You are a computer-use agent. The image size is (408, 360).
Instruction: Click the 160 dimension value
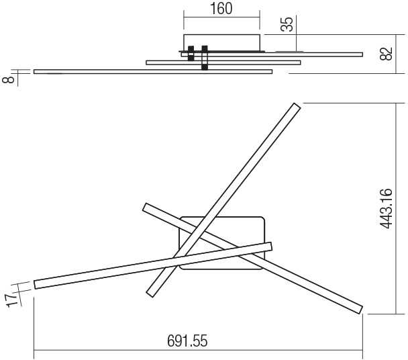click(221, 9)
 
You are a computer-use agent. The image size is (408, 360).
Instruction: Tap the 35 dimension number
click(287, 24)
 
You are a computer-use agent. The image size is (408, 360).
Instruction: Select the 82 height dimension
click(386, 54)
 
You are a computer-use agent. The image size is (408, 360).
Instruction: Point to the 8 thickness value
click(8, 79)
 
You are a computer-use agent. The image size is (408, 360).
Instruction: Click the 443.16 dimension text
click(386, 208)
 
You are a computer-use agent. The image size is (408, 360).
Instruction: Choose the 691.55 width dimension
click(187, 341)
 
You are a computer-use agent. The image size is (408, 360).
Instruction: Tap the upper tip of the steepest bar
click(297, 105)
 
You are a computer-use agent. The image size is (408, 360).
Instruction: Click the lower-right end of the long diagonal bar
click(360, 309)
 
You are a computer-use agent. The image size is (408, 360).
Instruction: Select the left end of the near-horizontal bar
click(35, 285)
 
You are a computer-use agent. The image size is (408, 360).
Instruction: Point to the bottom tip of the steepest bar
click(150, 294)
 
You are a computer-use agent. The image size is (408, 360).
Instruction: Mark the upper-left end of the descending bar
click(145, 207)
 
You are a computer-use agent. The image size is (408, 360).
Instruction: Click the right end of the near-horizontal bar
click(271, 246)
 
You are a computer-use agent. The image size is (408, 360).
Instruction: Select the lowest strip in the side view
click(153, 72)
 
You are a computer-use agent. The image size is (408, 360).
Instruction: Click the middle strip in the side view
click(223, 62)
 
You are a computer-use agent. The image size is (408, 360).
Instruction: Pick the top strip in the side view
click(272, 54)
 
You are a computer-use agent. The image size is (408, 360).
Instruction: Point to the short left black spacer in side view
click(191, 54)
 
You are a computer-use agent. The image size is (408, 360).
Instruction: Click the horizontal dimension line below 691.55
click(198, 351)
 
